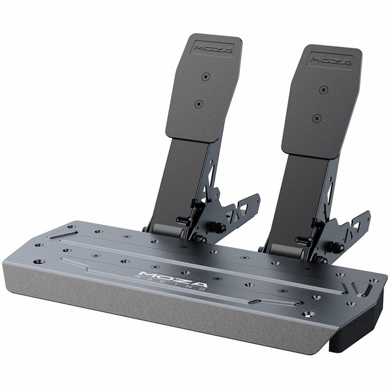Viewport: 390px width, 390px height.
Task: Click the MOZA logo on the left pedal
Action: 213,49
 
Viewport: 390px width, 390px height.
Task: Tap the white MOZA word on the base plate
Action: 173,279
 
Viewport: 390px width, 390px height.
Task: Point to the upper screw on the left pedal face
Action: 205,77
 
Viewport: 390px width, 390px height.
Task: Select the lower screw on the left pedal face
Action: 198,104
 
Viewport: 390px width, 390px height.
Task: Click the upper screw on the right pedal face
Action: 323,90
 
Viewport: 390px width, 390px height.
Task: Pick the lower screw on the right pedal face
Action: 317,118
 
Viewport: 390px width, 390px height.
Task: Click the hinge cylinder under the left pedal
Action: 168,230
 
